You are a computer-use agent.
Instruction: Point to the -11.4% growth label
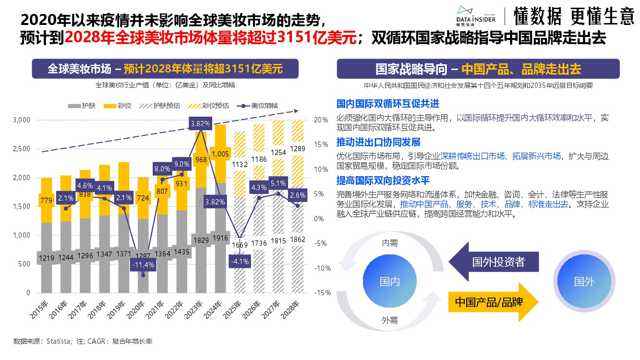[x=144, y=264]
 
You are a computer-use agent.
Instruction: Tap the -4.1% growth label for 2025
[x=239, y=262]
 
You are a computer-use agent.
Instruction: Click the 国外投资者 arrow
[x=495, y=262]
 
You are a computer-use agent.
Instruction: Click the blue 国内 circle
[x=389, y=281]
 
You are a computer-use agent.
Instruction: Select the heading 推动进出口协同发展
[x=379, y=142]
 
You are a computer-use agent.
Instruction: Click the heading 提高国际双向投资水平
[x=383, y=180]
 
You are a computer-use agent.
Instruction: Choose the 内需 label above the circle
[x=389, y=243]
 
